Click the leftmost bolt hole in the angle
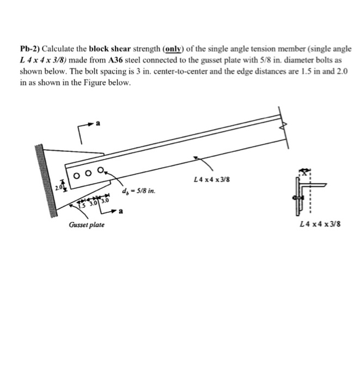coord(77,175)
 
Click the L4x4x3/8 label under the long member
coord(210,179)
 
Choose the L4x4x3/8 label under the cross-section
coord(320,225)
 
